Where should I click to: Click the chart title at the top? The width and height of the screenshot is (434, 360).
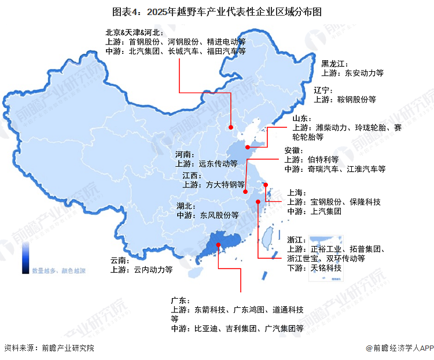point(217,11)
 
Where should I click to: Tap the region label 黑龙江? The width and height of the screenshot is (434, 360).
point(334,64)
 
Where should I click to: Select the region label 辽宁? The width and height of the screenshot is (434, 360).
point(323,90)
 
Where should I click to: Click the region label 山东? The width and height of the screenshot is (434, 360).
point(301,118)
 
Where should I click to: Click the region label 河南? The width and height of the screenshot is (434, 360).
point(184,155)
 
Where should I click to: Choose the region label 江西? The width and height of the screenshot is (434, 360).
point(191,175)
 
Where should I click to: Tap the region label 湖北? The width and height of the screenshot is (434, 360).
point(186,205)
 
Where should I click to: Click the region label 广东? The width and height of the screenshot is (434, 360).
point(179,300)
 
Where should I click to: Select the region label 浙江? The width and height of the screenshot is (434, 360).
point(296,240)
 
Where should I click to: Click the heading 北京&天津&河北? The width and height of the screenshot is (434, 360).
point(134,32)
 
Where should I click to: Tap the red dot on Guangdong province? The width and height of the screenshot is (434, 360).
point(218,245)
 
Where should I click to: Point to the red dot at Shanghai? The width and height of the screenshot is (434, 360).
point(266,185)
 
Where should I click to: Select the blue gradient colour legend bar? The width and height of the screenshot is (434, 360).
point(26,257)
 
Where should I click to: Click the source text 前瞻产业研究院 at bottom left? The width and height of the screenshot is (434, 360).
point(67,348)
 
